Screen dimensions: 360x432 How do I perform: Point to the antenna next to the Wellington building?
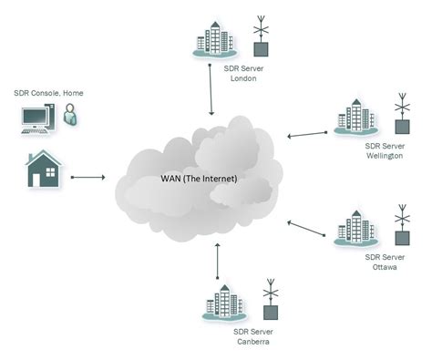pos(402,115)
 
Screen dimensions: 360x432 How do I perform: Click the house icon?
pos(43,170)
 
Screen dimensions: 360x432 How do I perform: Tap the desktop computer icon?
pos(37,119)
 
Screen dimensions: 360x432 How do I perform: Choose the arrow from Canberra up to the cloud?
pos(217,261)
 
